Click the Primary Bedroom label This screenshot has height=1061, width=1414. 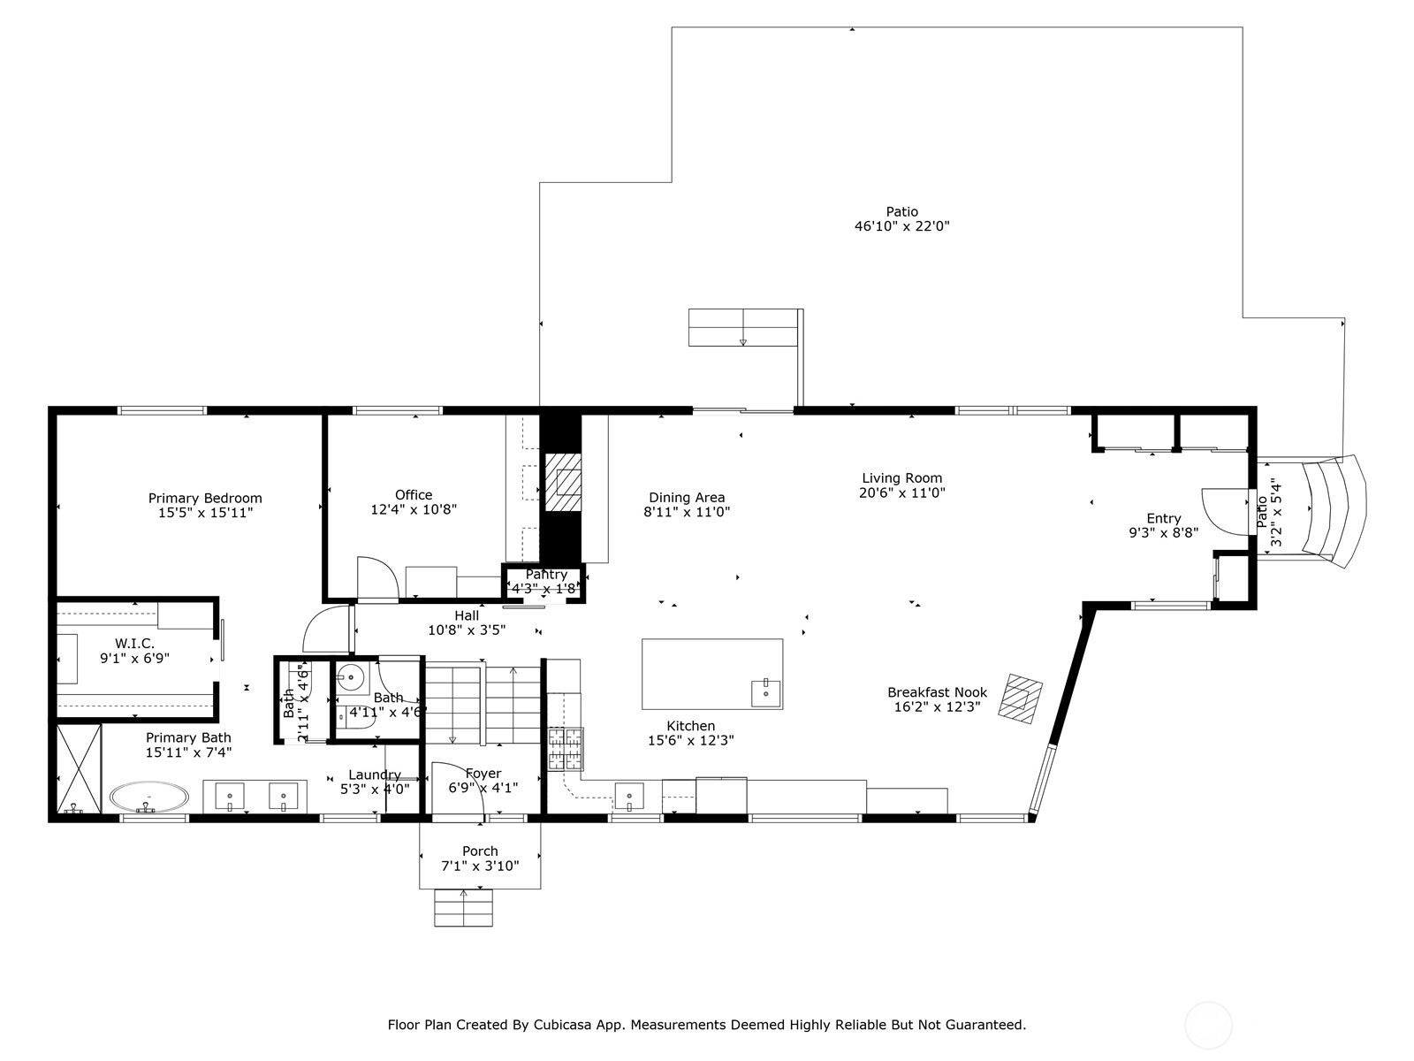click(205, 498)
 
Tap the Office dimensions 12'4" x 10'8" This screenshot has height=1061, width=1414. click(414, 509)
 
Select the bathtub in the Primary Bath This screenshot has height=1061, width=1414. click(149, 798)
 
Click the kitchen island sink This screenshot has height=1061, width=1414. click(766, 693)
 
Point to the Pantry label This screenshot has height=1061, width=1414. click(546, 574)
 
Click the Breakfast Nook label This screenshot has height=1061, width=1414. click(938, 692)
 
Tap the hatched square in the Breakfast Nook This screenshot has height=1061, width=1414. click(1021, 699)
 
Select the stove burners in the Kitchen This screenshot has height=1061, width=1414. click(566, 749)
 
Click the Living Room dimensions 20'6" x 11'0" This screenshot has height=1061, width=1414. click(902, 492)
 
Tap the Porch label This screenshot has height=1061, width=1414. click(480, 851)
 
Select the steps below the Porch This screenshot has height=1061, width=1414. click(463, 908)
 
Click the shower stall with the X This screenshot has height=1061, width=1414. click(80, 768)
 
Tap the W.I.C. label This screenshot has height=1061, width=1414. click(134, 644)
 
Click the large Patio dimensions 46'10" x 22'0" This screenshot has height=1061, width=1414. click(902, 226)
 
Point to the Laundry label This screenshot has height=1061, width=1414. click(375, 775)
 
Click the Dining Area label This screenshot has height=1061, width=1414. click(687, 497)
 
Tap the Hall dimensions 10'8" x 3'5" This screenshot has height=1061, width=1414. click(467, 630)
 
